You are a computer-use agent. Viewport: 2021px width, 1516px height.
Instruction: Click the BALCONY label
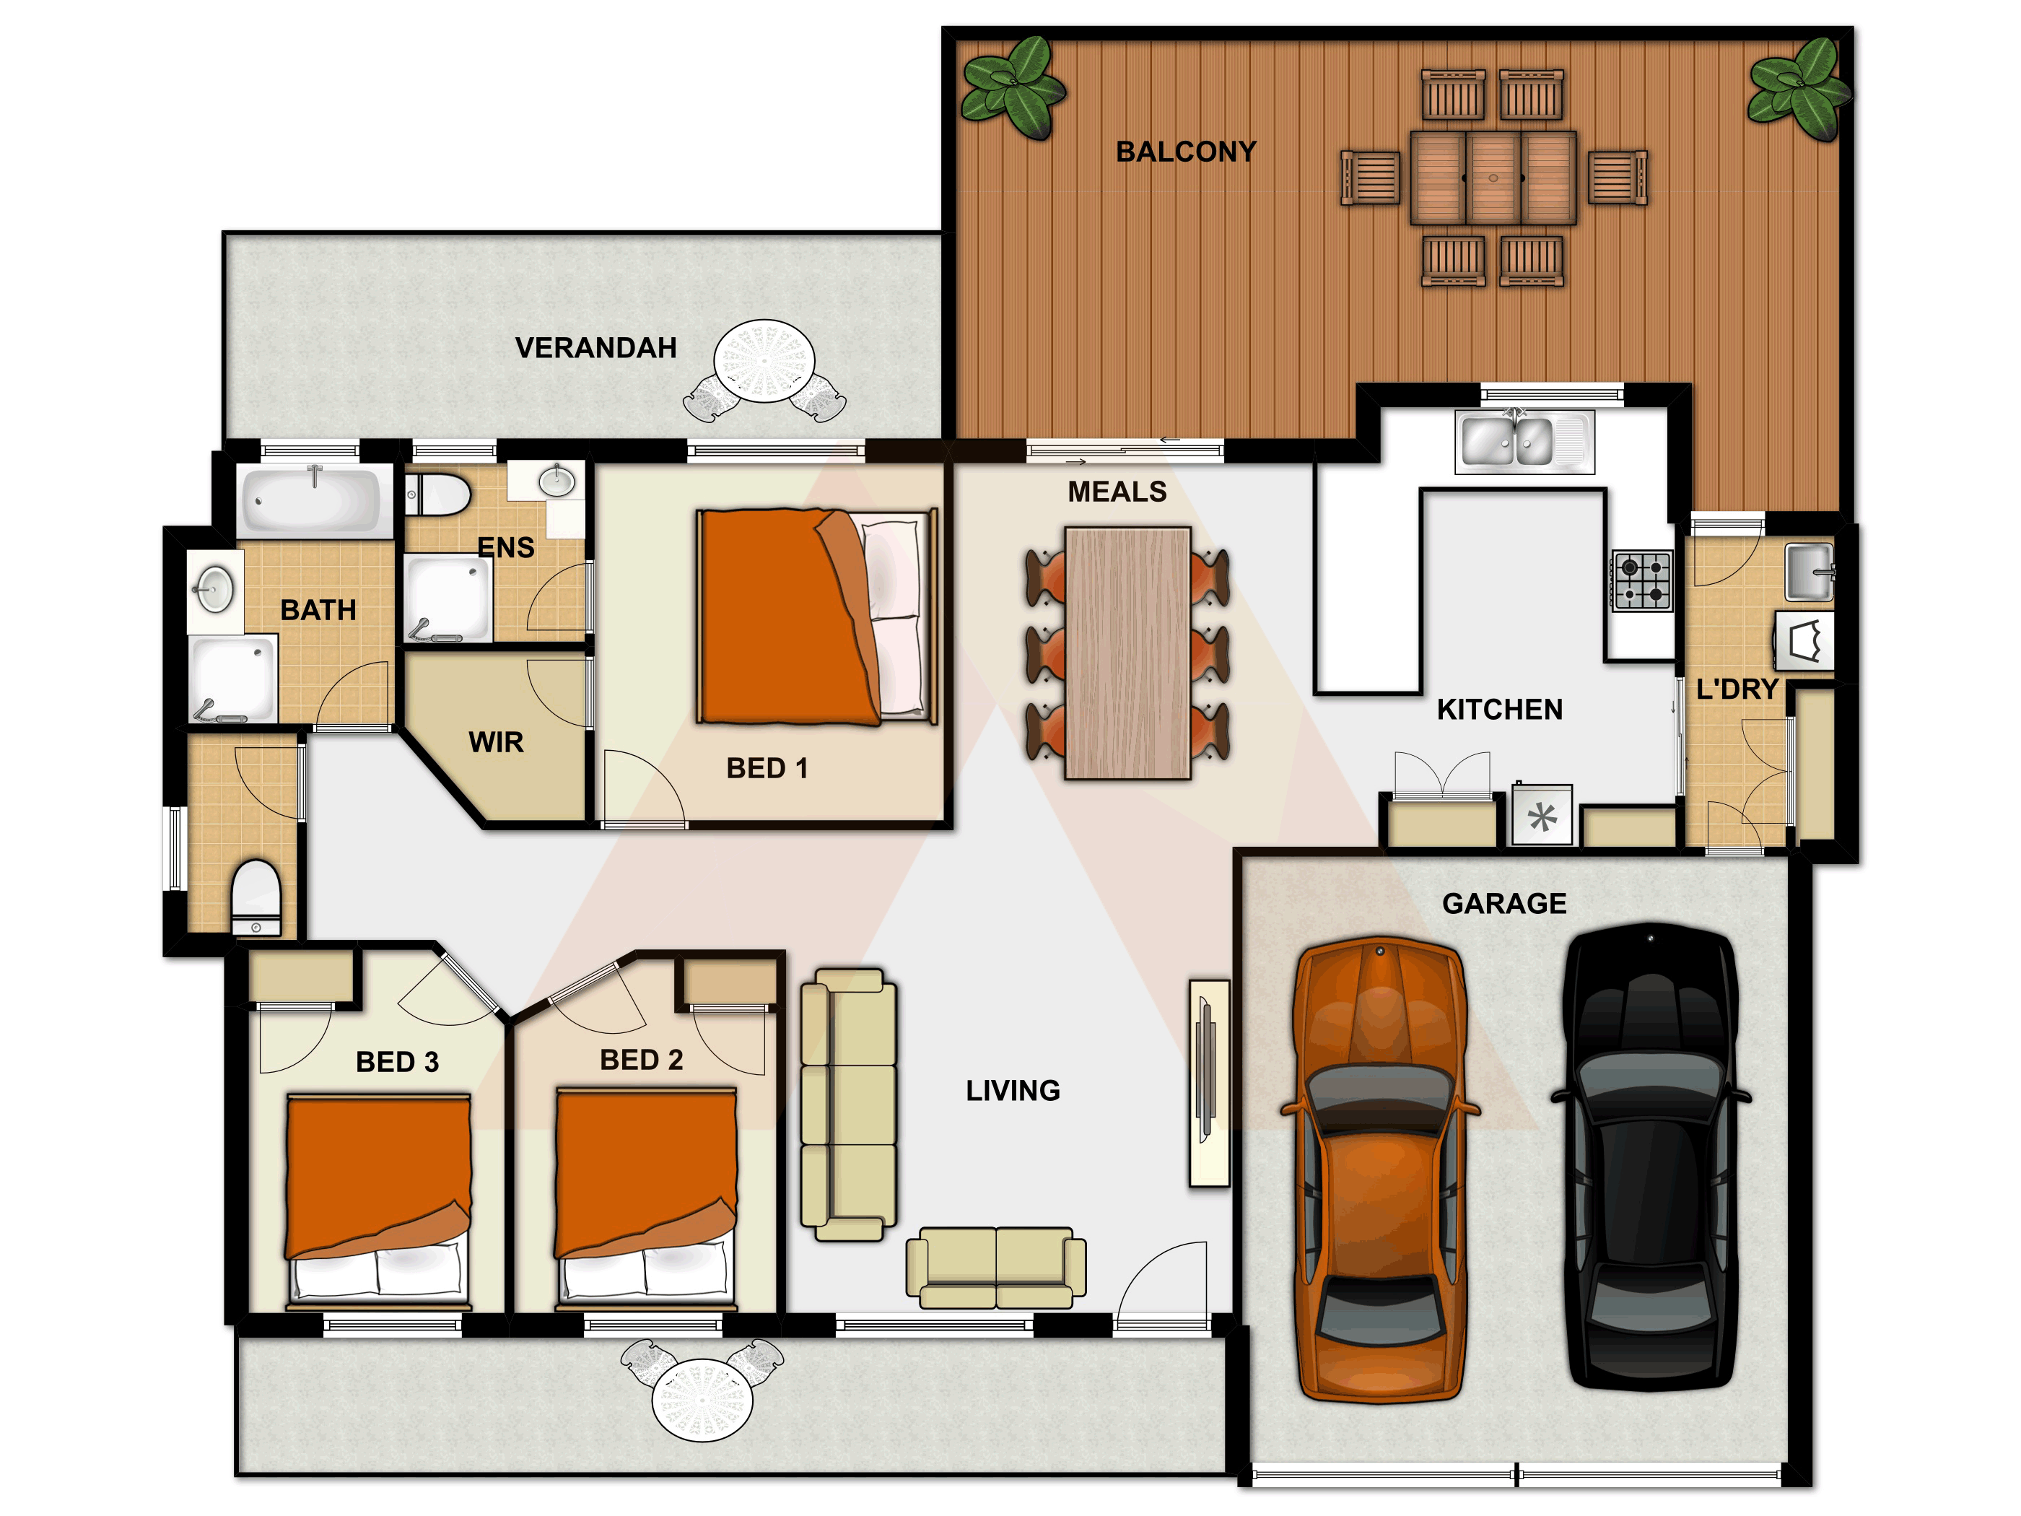pos(1186,152)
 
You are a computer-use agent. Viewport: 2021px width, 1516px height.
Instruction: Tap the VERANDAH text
pos(595,347)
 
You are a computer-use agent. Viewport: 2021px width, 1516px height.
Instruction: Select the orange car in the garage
pos(1381,1169)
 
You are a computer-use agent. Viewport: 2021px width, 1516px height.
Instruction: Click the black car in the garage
pos(1650,1158)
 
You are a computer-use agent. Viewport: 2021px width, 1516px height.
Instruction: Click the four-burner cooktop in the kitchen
pos(1643,580)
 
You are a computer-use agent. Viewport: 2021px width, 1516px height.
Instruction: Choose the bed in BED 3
pos(378,1199)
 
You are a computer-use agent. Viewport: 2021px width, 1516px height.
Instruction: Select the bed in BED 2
pos(646,1196)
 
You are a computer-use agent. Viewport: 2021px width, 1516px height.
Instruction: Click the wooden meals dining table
pos(1127,653)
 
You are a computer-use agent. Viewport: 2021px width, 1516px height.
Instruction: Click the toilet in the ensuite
pos(437,495)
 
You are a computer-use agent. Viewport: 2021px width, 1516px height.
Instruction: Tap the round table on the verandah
pos(764,360)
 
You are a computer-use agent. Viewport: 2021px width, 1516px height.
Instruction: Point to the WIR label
pos(496,742)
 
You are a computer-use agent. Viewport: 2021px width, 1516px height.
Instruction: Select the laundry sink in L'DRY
pos(1809,572)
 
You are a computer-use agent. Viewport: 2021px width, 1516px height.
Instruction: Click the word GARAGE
pos(1504,904)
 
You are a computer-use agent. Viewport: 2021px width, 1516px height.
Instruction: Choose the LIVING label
pos(1013,1090)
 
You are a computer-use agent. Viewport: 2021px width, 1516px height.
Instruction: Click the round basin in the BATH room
pos(214,589)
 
